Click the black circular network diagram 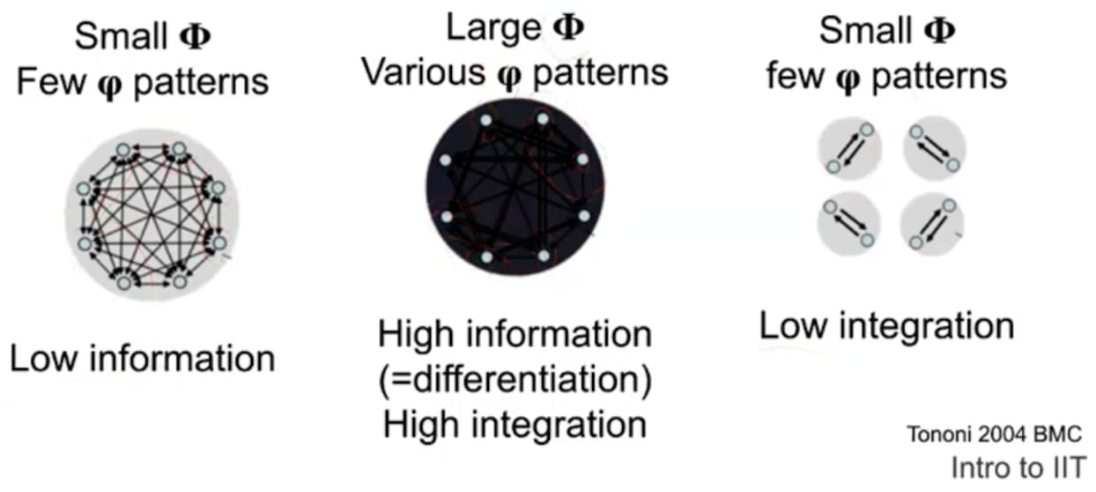coord(515,187)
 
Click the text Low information coord(143,360)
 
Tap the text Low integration coord(886,326)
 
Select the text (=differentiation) coord(515,380)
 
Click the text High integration coord(515,424)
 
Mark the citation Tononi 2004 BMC coord(993,434)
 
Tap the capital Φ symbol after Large coord(568,27)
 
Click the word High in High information coord(418,335)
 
